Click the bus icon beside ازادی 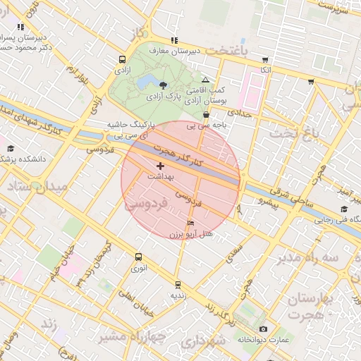123,60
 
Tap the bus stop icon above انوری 138,257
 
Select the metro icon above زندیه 177,285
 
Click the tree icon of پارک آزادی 164,85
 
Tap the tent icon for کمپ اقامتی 205,80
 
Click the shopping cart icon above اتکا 265,59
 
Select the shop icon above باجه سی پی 206,115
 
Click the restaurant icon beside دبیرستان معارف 174,40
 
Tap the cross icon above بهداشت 159,166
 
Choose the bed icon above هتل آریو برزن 190,223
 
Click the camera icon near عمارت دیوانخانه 263,329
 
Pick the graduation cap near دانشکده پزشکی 11,148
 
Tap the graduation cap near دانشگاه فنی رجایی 344,209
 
